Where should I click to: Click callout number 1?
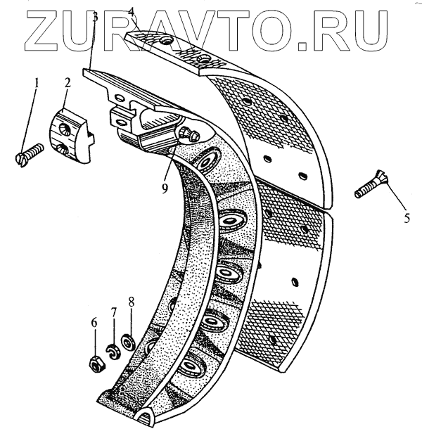[x=37, y=82]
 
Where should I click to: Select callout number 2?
[x=68, y=82]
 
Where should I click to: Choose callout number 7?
[x=112, y=312]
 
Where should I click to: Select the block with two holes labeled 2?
[x=71, y=136]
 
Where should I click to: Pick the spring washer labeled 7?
[x=113, y=350]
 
